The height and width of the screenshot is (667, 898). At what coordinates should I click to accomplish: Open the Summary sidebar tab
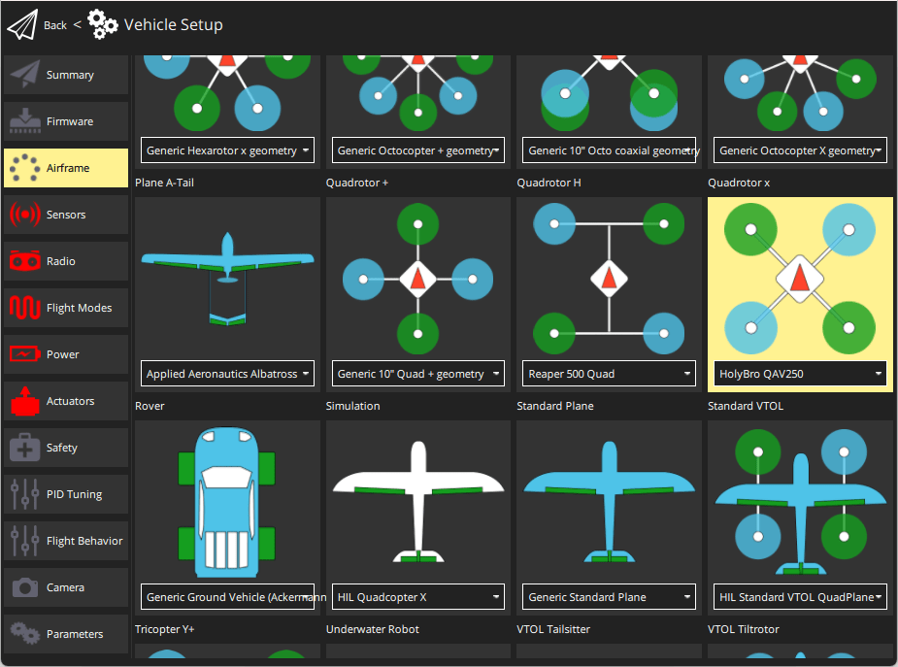(x=66, y=75)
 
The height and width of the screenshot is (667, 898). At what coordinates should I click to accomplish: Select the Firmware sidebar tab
(x=66, y=121)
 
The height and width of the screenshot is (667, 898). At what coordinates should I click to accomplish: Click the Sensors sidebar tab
(x=66, y=215)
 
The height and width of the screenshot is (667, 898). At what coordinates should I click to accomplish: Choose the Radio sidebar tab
(x=66, y=261)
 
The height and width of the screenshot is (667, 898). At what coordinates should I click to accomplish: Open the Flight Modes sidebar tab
(x=66, y=308)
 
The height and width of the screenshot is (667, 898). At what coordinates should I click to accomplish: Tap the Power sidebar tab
(x=66, y=354)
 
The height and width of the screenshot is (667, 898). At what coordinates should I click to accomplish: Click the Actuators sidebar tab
(x=66, y=401)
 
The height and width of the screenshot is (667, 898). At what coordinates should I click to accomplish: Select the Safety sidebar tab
(x=66, y=448)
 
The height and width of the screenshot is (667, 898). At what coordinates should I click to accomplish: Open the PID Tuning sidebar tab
(x=66, y=494)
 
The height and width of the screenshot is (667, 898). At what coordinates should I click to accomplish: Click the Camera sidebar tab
(x=66, y=587)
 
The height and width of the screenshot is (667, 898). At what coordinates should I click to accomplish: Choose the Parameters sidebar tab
(x=66, y=634)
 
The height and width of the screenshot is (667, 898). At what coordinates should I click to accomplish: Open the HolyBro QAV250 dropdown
(x=800, y=374)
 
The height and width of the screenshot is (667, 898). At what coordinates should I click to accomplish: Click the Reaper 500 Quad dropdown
(x=609, y=374)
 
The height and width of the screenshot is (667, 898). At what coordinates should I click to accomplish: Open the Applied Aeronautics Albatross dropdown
(x=227, y=374)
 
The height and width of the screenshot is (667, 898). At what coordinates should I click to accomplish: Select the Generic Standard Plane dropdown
(x=609, y=597)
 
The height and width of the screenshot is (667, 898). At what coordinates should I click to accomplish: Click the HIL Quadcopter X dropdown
(x=417, y=597)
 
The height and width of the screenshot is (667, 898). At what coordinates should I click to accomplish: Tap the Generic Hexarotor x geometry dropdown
(x=227, y=150)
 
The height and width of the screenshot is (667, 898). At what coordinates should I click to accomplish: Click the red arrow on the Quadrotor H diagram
(x=609, y=279)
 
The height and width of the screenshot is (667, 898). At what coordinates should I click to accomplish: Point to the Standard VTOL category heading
(x=746, y=406)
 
